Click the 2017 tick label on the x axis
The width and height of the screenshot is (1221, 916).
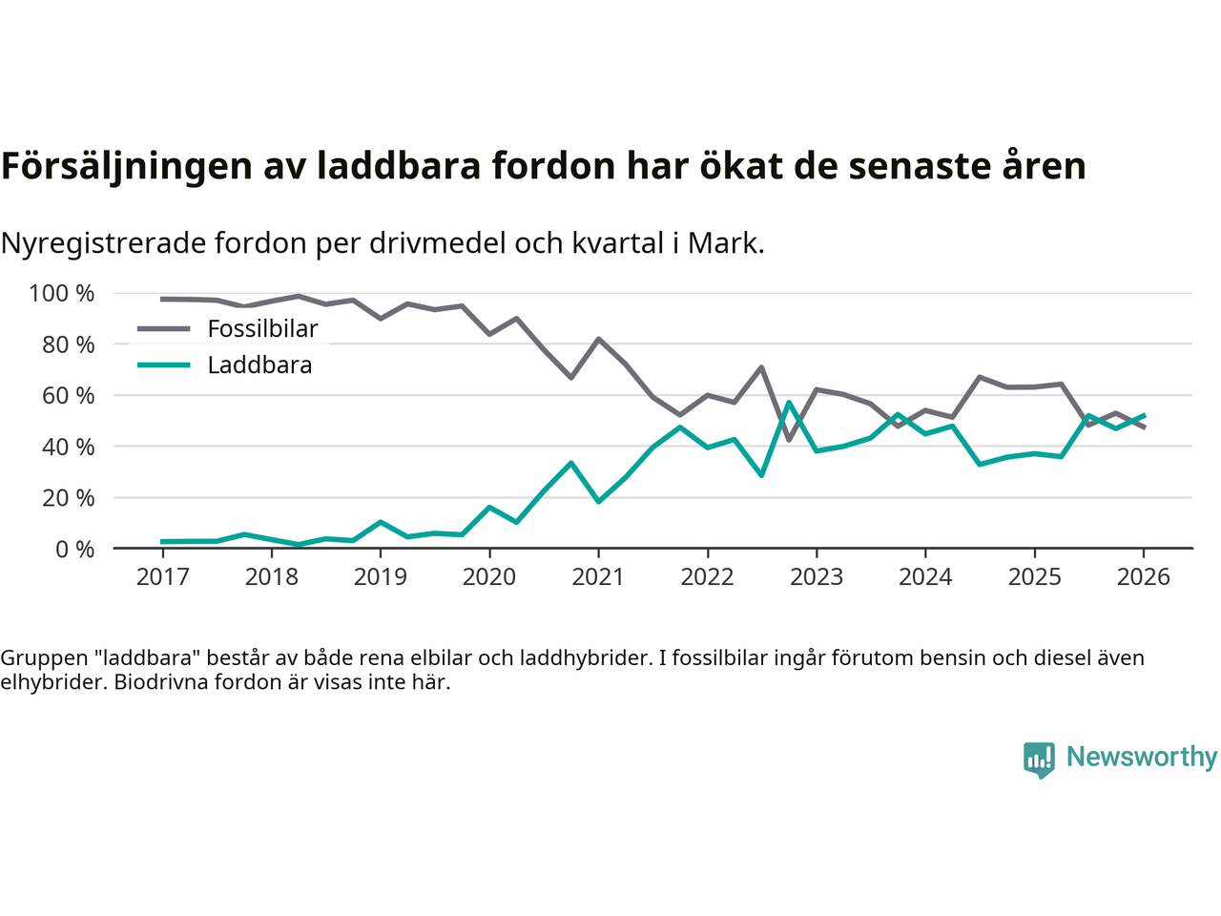click(162, 577)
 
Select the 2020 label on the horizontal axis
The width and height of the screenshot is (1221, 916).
click(489, 577)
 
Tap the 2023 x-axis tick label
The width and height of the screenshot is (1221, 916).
click(817, 577)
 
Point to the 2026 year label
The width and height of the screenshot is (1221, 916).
click(1143, 577)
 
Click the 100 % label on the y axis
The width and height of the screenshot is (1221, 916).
click(62, 293)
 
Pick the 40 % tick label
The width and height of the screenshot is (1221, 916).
click(68, 447)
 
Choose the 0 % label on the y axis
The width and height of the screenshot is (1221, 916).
click(73, 549)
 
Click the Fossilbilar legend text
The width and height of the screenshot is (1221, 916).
click(262, 329)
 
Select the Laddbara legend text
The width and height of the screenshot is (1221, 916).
click(259, 365)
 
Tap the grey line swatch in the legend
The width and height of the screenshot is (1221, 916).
click(163, 329)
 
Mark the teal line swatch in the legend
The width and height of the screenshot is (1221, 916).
click(163, 365)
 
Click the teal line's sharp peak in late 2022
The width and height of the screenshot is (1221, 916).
click(789, 403)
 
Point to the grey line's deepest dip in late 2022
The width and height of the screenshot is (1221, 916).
click(789, 440)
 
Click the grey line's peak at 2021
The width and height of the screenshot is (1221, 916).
click(598, 339)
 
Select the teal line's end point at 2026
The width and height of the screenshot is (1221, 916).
click(1144, 416)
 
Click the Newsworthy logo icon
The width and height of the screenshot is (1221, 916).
click(1039, 760)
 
